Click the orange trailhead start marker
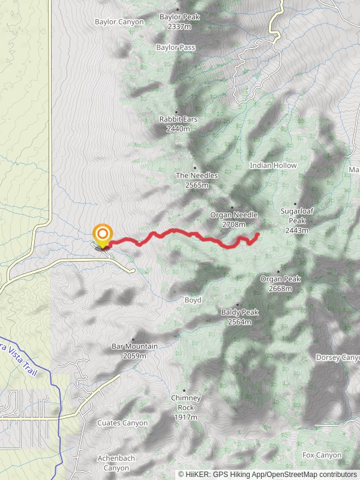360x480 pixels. click(x=103, y=234)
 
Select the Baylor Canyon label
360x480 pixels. click(x=119, y=22)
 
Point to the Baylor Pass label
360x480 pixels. click(x=175, y=47)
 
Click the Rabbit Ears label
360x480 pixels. click(x=178, y=119)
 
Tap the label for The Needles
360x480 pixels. click(x=197, y=175)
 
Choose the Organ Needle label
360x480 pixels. click(x=234, y=215)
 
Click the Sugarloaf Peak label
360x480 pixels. click(x=297, y=211)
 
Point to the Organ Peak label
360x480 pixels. click(x=280, y=279)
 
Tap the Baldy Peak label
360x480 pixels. click(x=239, y=313)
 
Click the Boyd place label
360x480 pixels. click(x=193, y=300)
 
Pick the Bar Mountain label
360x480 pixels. click(x=134, y=346)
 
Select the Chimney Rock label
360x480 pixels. click(x=185, y=398)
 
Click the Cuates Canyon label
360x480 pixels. click(x=122, y=423)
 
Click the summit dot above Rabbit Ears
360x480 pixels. click(x=176, y=112)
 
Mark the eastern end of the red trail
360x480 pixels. click(x=257, y=233)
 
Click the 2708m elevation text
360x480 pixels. click(x=234, y=224)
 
